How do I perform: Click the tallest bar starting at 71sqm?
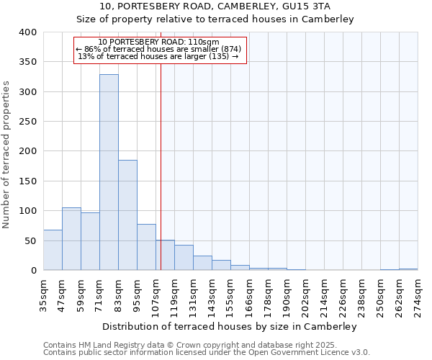(109, 173)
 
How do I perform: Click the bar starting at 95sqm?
(146, 247)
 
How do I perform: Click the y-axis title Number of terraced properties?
(7, 154)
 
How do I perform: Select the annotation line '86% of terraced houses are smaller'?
(161, 49)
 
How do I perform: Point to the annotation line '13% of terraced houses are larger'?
(161, 56)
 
